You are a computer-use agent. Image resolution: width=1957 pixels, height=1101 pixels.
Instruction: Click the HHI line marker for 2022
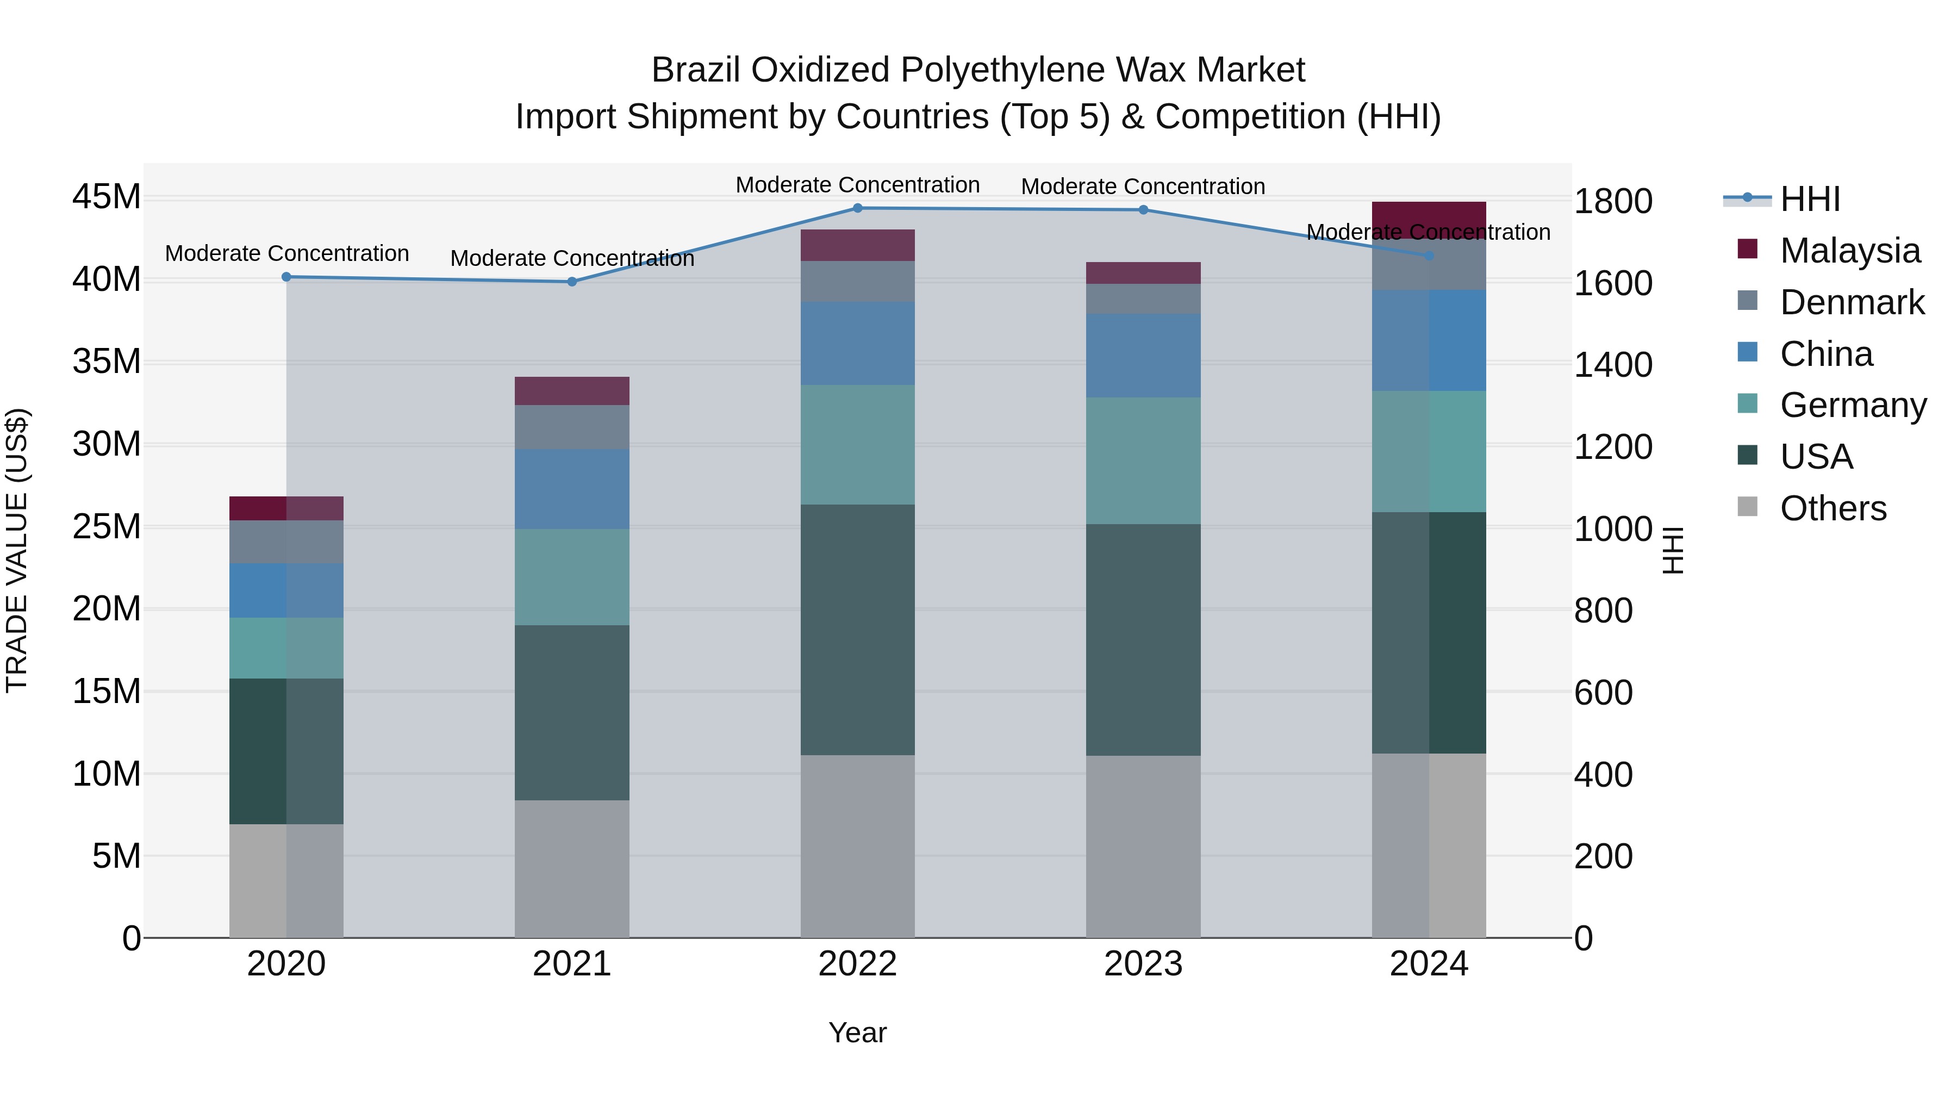[x=858, y=208]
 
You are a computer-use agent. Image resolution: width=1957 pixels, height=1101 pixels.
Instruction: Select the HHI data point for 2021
[x=572, y=282]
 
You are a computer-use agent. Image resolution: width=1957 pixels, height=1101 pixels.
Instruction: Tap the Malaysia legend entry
[x=1849, y=251]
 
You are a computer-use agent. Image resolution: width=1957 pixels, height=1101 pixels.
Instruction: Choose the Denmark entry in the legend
[x=1852, y=302]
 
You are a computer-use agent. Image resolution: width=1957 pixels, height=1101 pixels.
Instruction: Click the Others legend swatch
[x=1747, y=507]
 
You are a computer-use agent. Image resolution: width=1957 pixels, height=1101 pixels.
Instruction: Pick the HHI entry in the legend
[x=1810, y=199]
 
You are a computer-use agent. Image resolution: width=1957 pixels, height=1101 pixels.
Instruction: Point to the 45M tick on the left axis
[x=107, y=197]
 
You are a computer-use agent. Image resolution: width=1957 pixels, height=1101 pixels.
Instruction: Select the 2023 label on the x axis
[x=1143, y=964]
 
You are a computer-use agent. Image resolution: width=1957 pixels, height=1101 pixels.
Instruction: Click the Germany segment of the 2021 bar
[x=572, y=577]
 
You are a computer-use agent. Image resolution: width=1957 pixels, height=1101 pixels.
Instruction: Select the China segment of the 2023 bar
[x=1143, y=355]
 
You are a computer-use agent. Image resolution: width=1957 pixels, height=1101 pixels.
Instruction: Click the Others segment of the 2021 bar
[x=572, y=868]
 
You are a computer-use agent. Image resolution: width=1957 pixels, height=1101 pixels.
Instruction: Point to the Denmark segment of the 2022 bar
[x=858, y=281]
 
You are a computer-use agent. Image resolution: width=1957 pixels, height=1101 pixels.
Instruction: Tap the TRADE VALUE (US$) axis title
[x=17, y=550]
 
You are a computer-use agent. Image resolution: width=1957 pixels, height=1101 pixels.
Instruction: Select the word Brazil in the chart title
[x=697, y=71]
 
